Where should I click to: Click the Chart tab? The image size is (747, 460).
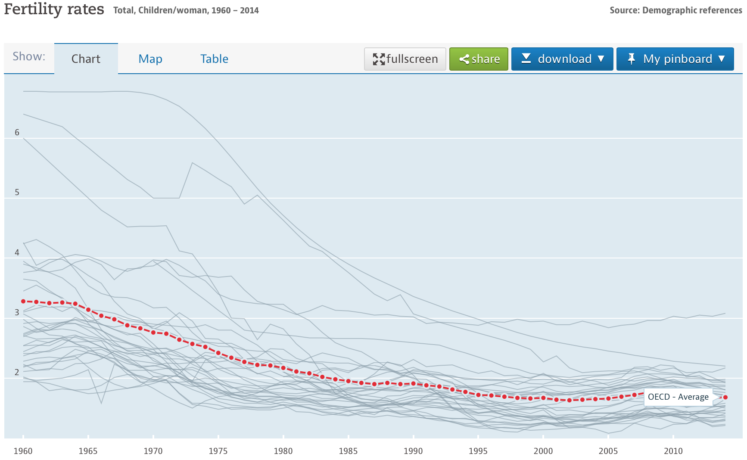coord(86,59)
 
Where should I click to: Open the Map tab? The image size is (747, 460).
coord(150,59)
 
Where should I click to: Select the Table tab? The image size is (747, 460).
coord(214,59)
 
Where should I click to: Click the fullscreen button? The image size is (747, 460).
coord(405,59)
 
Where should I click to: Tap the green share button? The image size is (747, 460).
coord(479,59)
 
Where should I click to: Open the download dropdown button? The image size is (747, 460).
coord(562,59)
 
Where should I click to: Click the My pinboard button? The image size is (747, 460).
coord(675,59)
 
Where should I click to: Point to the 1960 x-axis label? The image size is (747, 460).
coord(23,451)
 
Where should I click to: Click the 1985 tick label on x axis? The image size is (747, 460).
coord(348,451)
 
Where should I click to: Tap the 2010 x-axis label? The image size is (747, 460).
coord(673,451)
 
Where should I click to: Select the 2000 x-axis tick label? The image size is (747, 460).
coord(543,451)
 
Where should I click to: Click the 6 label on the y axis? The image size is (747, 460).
coord(17,132)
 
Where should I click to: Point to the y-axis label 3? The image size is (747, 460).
coord(17,312)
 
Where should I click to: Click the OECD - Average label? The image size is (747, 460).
coord(678,397)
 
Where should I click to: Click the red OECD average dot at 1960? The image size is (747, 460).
coord(23,301)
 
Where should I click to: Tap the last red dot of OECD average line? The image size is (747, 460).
coord(725,397)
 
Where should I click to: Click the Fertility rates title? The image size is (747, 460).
coord(54,9)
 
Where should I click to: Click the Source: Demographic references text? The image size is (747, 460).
coord(675,10)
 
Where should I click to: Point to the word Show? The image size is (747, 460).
coord(29,56)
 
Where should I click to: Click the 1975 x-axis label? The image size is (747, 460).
coord(218,451)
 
